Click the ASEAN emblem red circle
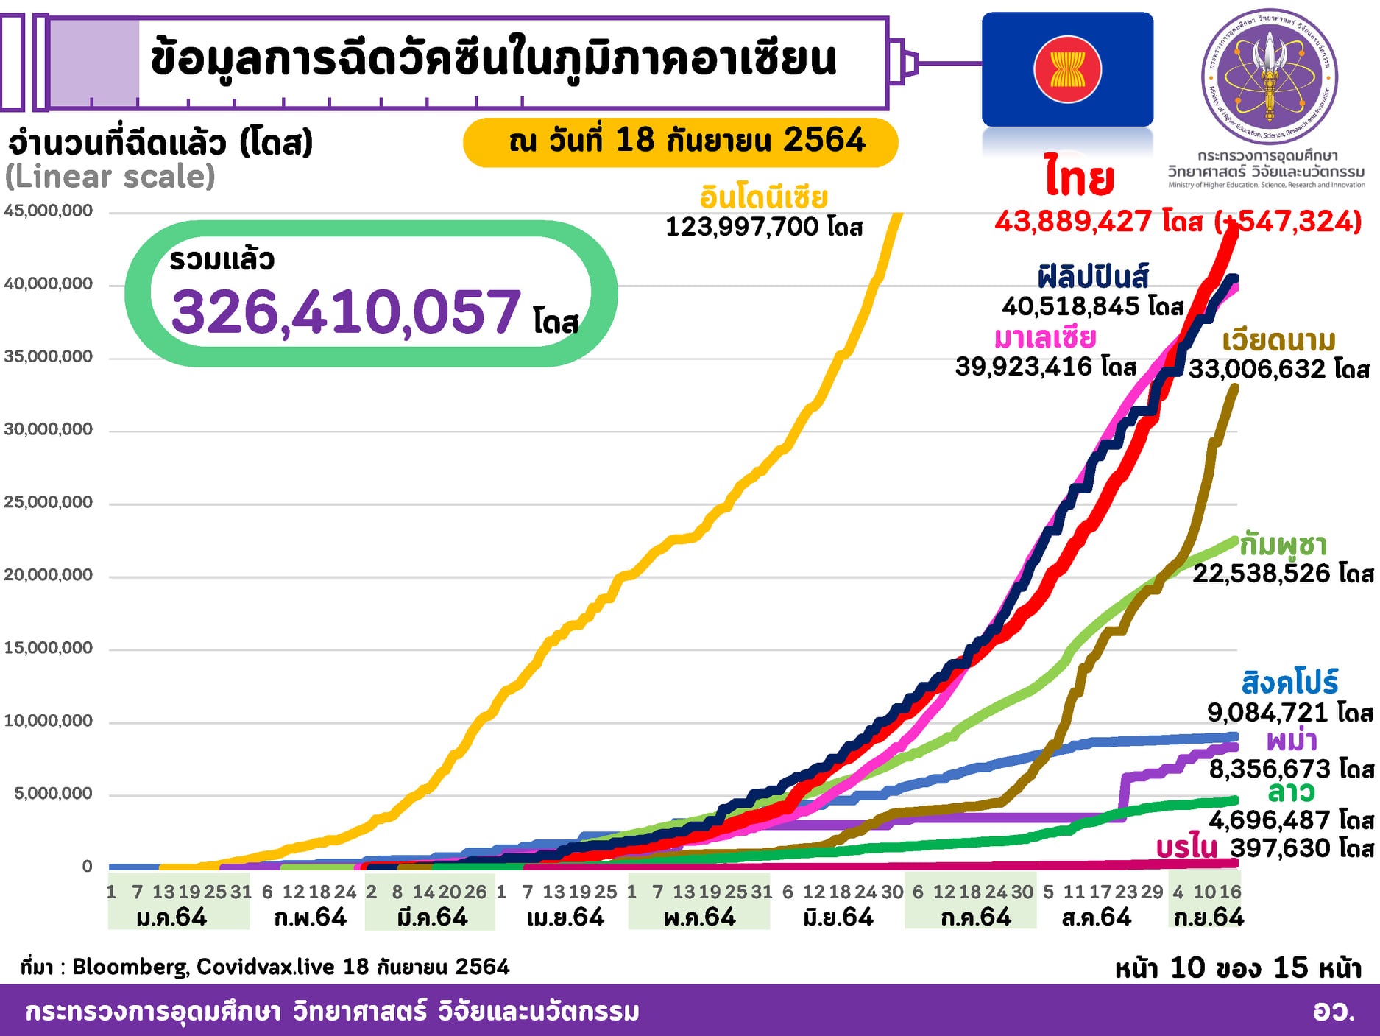1067,70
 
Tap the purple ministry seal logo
1270,76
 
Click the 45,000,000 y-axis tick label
49,211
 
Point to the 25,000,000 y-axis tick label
49,502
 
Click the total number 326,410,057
346,312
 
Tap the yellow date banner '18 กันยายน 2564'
680,141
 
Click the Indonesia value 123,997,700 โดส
763,227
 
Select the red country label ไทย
1080,179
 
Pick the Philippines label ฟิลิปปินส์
1093,277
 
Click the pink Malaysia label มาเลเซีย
1044,338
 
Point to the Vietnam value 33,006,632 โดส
1278,369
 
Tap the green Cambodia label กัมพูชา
1283,545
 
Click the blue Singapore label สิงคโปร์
1289,683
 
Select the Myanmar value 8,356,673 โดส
1291,769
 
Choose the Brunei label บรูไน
1186,848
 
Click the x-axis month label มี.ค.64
432,917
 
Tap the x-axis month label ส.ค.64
1096,917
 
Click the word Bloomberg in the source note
130,967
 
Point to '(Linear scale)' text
110,177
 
